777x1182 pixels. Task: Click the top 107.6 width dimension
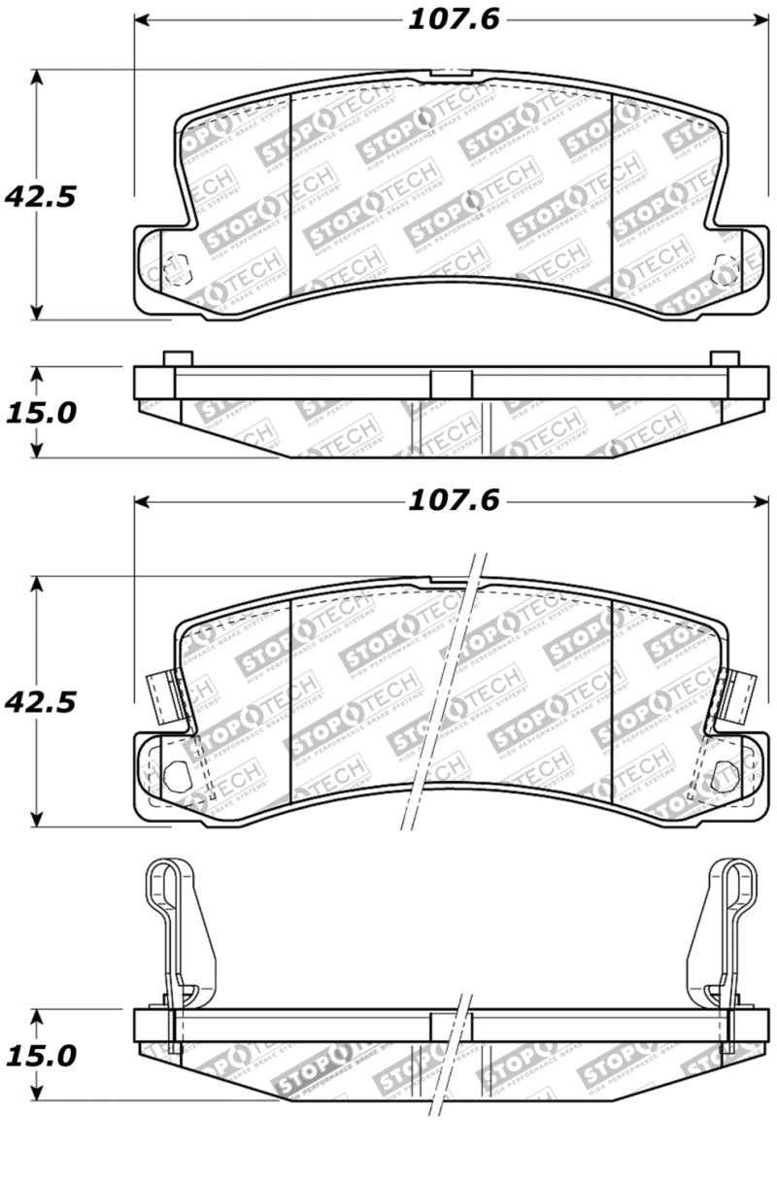tap(452, 19)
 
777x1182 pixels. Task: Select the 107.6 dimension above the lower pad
tap(452, 501)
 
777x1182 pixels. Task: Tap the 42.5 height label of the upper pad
tap(40, 196)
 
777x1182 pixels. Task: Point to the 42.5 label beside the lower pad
tap(40, 701)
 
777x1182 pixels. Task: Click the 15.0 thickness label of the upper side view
tap(40, 413)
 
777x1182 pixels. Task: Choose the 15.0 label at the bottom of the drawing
tap(40, 1056)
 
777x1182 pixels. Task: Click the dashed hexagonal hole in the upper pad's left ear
tap(174, 268)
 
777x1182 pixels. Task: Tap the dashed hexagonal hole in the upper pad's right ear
tap(724, 270)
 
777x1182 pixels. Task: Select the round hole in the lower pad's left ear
tap(176, 774)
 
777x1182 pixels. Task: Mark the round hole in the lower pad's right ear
tap(724, 774)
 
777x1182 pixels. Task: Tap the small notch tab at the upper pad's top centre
tap(451, 73)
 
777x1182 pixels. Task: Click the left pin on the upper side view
tap(178, 358)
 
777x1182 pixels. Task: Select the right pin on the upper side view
tap(725, 358)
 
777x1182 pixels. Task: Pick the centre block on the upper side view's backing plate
tap(451, 383)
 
